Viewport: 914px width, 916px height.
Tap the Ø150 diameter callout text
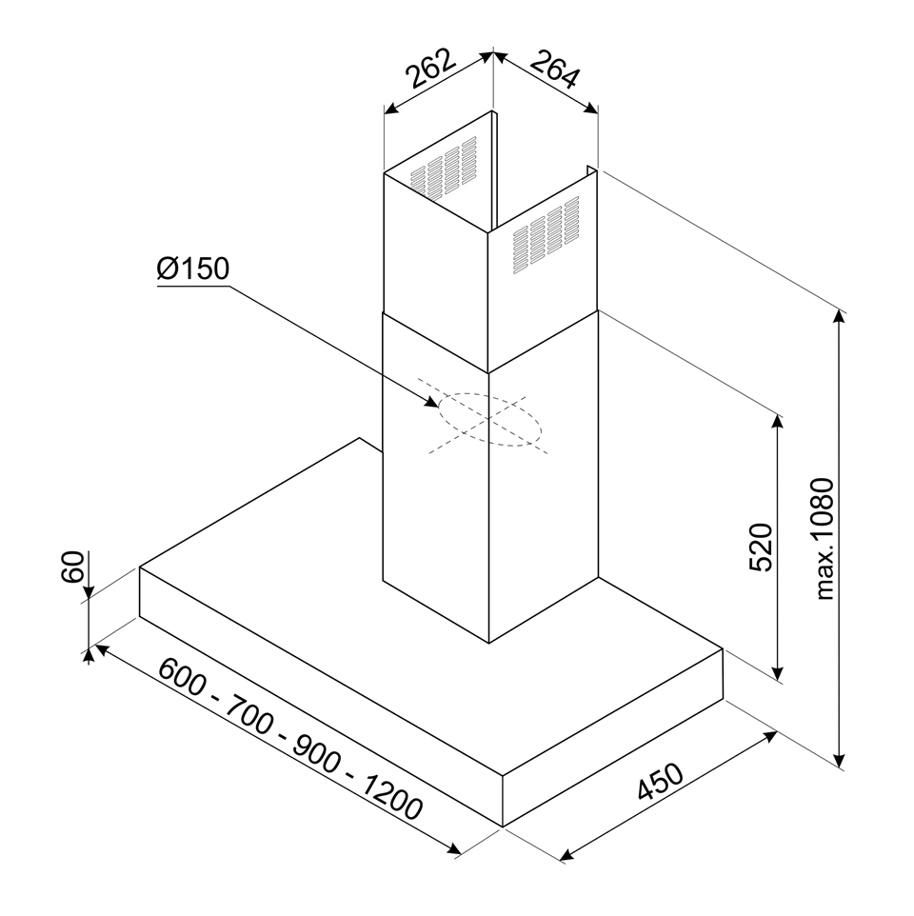coord(193,269)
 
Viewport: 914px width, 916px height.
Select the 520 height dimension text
coord(760,547)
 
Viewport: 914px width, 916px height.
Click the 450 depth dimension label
coord(660,782)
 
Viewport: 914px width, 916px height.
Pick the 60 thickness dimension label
coord(73,567)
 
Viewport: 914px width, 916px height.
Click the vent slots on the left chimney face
coord(444,167)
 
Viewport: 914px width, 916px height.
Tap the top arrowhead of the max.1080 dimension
coord(839,317)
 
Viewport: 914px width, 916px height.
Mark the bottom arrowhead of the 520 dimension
coord(777,672)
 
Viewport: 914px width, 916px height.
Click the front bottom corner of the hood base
coord(503,826)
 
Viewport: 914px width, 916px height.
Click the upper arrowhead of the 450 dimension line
coord(770,735)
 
